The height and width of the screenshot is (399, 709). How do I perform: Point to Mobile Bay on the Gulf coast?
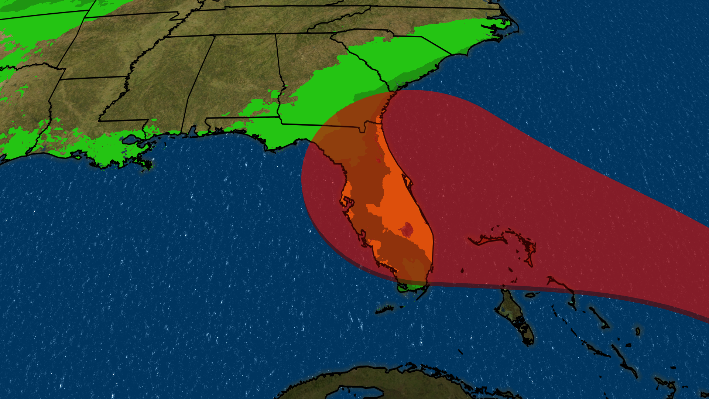tap(192, 132)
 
